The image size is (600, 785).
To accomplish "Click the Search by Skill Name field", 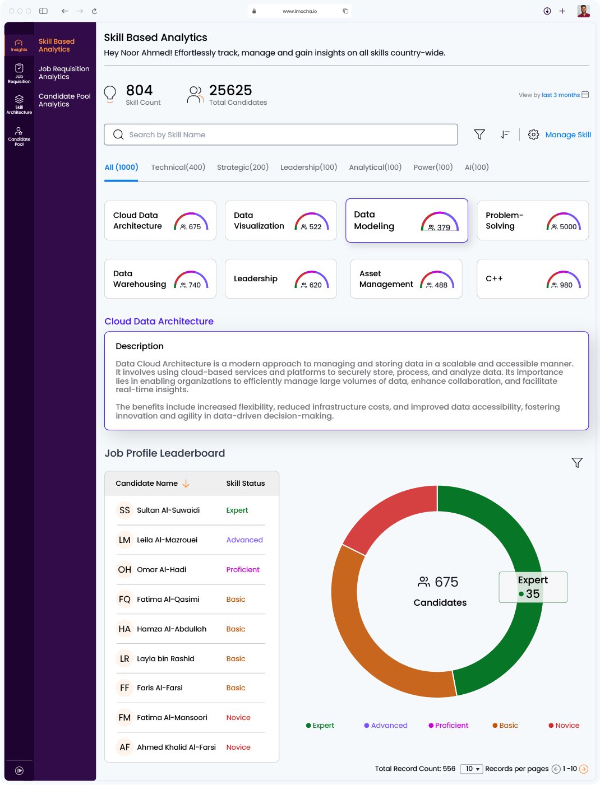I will tap(280, 134).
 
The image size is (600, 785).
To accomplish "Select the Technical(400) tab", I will tap(178, 167).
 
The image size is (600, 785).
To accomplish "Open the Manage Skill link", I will tap(567, 134).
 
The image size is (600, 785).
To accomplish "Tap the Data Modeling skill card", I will tap(407, 220).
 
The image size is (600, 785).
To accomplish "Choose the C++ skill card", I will tap(532, 278).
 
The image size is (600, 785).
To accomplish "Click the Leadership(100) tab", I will tap(308, 167).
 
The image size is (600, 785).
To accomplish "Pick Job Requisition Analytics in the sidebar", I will tap(64, 73).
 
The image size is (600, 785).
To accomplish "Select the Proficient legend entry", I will tap(449, 725).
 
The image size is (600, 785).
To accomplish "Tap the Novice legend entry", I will tap(564, 725).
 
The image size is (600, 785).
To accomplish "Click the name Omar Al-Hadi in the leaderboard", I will tap(161, 569).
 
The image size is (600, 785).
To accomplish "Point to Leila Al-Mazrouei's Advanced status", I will tap(244, 540).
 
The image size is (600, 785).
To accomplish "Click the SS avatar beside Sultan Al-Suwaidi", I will tap(124, 510).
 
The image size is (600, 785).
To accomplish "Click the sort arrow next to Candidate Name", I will tap(186, 483).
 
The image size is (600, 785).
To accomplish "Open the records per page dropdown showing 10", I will tap(472, 769).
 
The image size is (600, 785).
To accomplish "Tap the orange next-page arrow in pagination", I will tap(583, 769).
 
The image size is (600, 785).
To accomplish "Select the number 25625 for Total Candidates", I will tap(230, 90).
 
